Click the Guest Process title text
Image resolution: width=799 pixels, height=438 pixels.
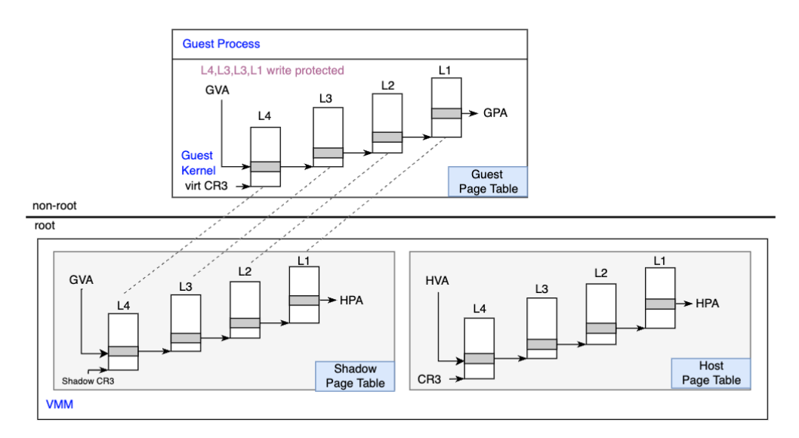221,44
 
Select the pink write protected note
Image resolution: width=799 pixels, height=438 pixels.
272,70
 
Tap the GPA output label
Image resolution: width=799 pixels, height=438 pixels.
495,113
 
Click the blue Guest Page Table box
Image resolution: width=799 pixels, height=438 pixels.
488,181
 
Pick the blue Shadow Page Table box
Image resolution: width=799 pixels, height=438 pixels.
355,376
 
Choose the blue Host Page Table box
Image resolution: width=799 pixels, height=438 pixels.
711,373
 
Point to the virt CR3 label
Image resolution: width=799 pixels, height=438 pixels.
206,186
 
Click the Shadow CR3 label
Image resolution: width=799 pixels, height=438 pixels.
88,381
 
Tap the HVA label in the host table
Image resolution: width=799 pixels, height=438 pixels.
437,281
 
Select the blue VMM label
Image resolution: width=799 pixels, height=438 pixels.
60,404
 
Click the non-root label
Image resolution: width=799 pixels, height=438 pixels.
54,205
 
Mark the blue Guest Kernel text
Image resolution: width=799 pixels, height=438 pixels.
198,163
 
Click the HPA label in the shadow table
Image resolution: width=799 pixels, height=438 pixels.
352,301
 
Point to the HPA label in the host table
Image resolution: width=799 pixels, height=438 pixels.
708,304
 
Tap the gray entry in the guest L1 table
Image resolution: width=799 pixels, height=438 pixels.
446,113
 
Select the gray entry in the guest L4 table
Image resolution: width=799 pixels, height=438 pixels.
266,167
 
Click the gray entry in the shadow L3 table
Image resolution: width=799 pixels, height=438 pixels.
186,338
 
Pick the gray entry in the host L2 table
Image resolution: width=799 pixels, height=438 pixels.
601,328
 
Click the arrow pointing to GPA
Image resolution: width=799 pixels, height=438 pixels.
470,113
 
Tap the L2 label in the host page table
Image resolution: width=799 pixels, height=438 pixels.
601,273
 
